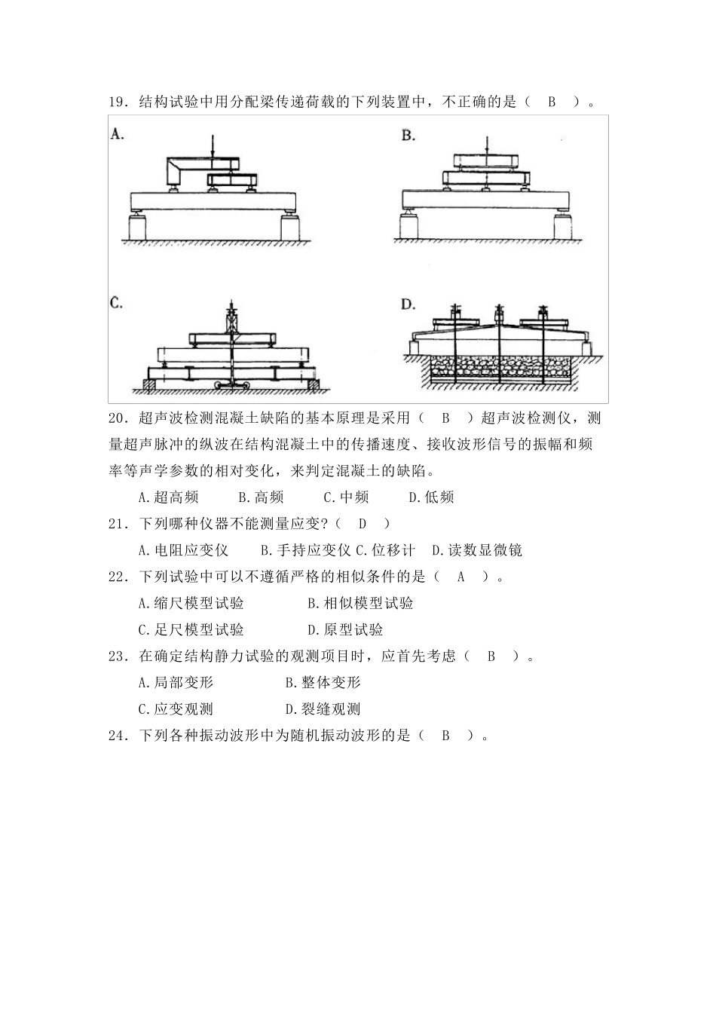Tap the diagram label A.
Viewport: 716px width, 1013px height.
point(118,134)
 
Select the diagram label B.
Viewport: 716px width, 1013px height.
point(408,136)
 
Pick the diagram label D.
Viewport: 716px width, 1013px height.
point(408,304)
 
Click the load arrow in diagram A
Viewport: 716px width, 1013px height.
point(213,147)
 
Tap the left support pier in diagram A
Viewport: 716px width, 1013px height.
point(140,226)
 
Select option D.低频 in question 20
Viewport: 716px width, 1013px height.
point(430,497)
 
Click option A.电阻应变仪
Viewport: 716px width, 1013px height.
point(183,550)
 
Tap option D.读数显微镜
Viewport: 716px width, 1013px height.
point(476,550)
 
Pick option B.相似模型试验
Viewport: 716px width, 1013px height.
point(360,603)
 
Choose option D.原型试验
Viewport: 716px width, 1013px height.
point(345,629)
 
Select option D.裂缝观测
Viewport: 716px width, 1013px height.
point(323,708)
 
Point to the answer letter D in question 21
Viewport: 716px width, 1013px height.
point(362,524)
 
